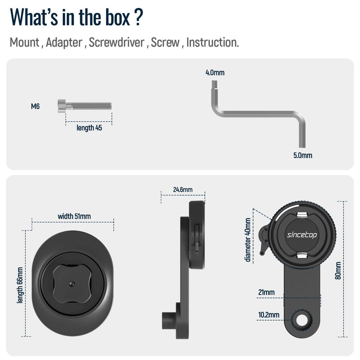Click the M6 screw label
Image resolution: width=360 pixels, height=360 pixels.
pyautogui.click(x=35, y=106)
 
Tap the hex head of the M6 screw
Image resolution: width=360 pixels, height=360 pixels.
pyautogui.click(x=62, y=106)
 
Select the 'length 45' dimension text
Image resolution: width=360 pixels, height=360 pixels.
pyautogui.click(x=89, y=128)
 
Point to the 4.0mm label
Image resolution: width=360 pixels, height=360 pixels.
pyautogui.click(x=215, y=72)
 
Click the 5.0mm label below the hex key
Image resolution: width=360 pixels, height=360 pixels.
pyautogui.click(x=303, y=155)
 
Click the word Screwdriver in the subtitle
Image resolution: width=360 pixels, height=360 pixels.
pyautogui.click(x=116, y=42)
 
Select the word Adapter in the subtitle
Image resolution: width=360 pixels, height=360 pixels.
pyautogui.click(x=64, y=43)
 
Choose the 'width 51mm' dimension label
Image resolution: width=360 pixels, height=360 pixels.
pyautogui.click(x=74, y=216)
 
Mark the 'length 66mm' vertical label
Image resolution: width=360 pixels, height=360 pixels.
pyautogui.click(x=20, y=285)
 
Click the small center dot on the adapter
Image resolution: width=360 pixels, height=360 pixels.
pyautogui.click(x=72, y=284)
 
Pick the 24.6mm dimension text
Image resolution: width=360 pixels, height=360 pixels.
pyautogui.click(x=183, y=189)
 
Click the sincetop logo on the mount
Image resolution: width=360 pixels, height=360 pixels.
pyautogui.click(x=302, y=235)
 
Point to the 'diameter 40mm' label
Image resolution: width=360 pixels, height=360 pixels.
pyautogui.click(x=248, y=240)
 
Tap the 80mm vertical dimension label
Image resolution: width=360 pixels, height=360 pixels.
pyautogui.click(x=338, y=270)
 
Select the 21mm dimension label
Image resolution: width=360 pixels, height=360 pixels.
pyautogui.click(x=266, y=292)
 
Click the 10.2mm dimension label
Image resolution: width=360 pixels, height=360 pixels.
pyautogui.click(x=269, y=315)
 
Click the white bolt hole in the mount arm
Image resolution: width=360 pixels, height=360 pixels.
pyautogui.click(x=302, y=320)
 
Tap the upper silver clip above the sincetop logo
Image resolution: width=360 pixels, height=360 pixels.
pyautogui.click(x=302, y=215)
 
